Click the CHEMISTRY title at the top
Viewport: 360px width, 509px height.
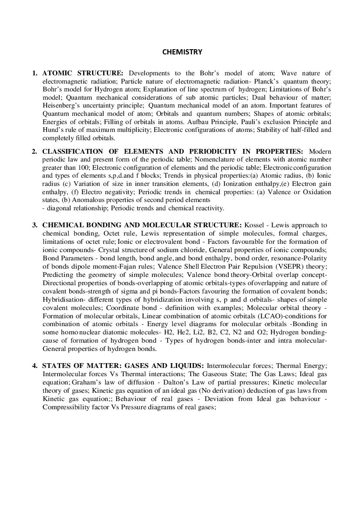pos(182,52)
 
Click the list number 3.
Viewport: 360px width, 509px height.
pos(34,225)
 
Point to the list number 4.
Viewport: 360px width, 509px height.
pos(34,365)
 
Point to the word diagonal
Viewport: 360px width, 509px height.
pos(61,208)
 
